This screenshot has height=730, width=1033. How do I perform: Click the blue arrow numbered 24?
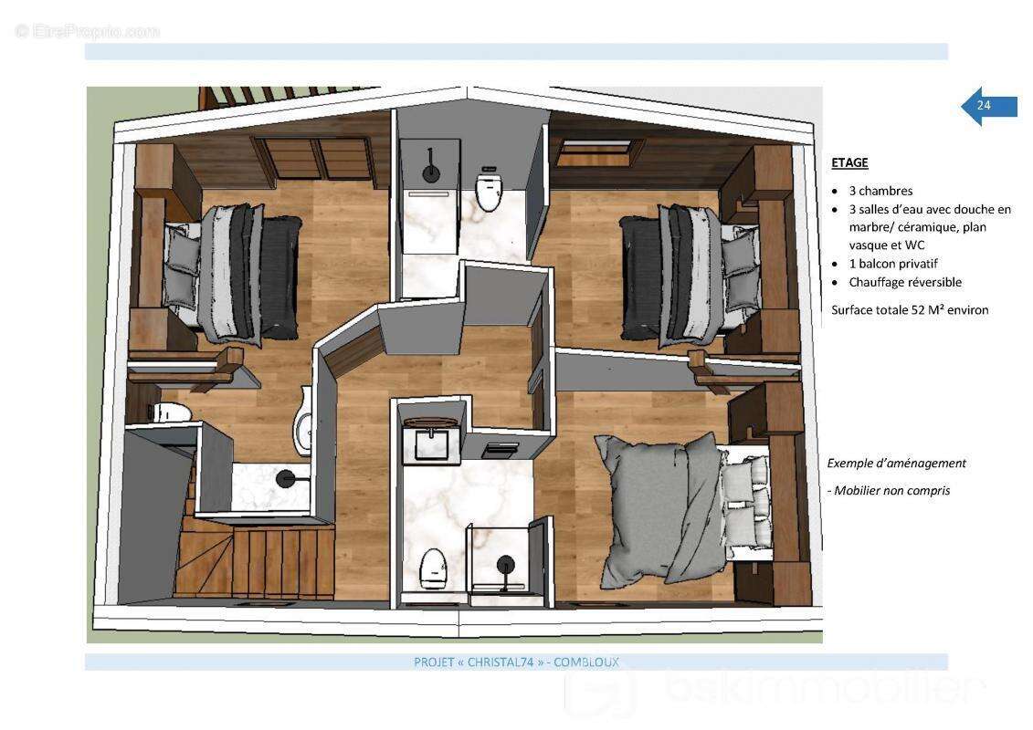988,105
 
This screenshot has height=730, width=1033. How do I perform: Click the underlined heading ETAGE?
849,162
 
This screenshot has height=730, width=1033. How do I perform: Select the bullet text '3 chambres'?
880,191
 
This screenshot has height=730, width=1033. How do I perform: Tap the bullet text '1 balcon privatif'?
892,264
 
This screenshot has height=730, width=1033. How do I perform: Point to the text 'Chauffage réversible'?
905,282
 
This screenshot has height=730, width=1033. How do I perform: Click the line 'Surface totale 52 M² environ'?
910,310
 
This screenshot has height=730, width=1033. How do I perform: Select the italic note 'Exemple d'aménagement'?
897,464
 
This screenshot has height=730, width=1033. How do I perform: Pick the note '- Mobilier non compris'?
889,490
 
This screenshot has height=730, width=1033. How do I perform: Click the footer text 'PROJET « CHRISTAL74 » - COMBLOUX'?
517,662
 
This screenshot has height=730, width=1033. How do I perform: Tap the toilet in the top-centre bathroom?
489,189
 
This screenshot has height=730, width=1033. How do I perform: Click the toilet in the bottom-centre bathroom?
433,569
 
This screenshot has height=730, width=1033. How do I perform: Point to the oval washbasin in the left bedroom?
303,422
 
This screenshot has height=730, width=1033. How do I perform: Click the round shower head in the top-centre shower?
431,173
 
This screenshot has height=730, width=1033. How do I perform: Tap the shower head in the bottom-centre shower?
506,566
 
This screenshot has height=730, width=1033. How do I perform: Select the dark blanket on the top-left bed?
281,276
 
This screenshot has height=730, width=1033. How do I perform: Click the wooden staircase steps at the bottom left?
257,559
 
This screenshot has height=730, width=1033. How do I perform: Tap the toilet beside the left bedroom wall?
173,412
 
